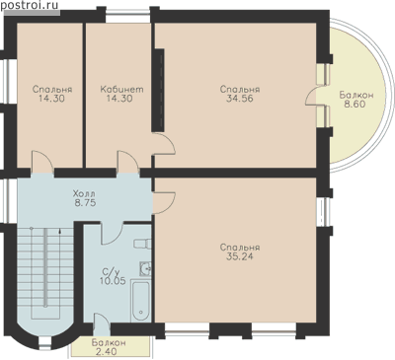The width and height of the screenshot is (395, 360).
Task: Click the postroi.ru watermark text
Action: (30, 5)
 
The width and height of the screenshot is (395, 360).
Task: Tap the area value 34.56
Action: (240, 99)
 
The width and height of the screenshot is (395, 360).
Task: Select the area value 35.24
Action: (240, 256)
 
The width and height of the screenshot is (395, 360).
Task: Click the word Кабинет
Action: (121, 89)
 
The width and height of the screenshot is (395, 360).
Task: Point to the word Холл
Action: (85, 193)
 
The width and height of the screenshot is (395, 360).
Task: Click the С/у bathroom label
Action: (111, 272)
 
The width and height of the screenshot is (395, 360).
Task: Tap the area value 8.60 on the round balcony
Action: (356, 105)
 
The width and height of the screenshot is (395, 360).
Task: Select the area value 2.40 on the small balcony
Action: (106, 351)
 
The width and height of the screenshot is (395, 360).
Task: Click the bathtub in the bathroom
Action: (141, 301)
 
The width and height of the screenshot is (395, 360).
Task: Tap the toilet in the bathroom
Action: (142, 244)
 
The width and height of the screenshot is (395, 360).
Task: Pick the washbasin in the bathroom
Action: (145, 268)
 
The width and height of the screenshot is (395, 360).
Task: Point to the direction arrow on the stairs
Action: (59, 232)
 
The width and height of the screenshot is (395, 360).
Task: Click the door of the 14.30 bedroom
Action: (42, 162)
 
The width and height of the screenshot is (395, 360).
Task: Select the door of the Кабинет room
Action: (128, 162)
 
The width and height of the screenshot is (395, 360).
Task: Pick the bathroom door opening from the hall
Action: (112, 234)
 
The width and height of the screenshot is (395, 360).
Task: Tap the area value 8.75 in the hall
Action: (85, 202)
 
